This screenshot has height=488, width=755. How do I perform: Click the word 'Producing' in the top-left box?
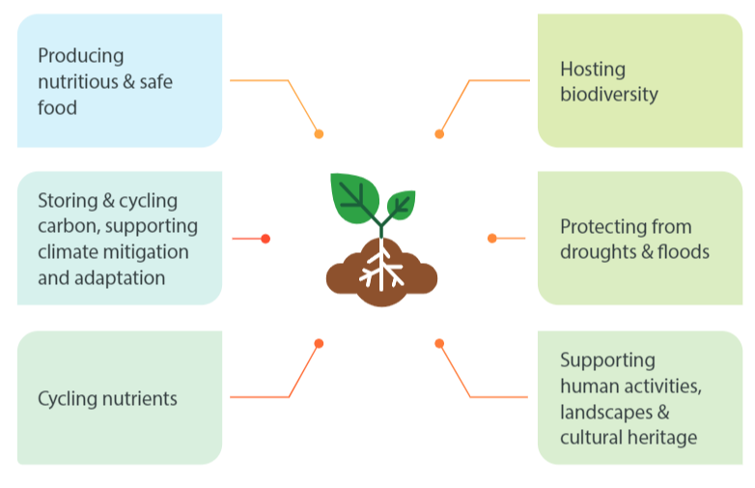81,56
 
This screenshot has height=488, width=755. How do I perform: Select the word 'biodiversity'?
608,95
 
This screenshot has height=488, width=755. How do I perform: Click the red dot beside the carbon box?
266,239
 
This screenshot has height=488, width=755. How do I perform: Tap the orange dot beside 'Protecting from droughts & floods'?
492,238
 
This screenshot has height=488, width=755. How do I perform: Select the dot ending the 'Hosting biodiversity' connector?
439,134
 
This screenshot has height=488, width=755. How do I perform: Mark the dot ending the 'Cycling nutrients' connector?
319,343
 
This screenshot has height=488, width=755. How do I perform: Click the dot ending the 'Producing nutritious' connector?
319,134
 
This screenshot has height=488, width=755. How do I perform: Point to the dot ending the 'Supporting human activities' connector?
439,343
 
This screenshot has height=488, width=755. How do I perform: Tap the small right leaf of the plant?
401,204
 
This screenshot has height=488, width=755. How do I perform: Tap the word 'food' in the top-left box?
57,107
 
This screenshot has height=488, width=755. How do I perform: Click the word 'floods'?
682,252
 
